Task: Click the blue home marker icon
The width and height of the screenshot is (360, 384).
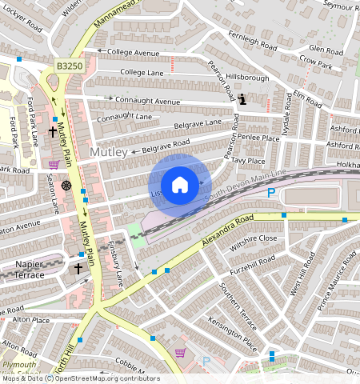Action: pos(180,185)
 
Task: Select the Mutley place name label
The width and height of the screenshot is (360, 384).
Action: pos(108,151)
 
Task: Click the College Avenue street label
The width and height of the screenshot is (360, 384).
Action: pos(134,53)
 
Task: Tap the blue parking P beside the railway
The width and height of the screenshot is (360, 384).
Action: pos(271,193)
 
